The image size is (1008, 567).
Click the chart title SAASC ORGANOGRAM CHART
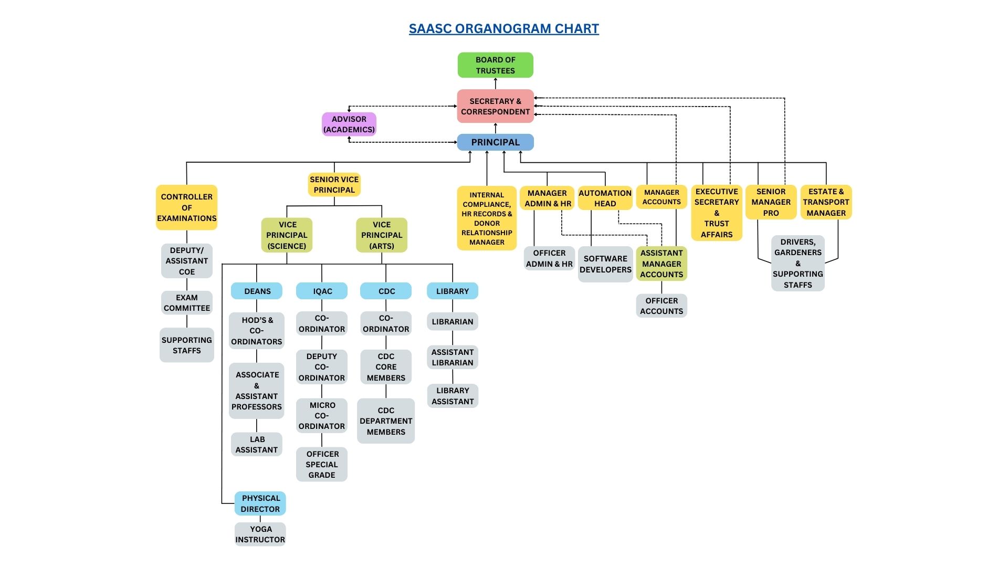504,29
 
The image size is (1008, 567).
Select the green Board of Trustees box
496,65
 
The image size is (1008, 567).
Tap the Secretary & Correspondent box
496,106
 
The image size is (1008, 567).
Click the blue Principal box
496,142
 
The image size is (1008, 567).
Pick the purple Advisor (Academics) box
349,124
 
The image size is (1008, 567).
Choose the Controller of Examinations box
187,207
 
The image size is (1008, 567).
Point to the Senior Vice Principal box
334,185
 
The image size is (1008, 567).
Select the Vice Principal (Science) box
287,235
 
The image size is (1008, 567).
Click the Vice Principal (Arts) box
382,235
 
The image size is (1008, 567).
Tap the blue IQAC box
322,291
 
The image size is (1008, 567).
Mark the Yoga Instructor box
260,534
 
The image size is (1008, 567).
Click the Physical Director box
260,503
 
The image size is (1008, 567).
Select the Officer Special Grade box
322,465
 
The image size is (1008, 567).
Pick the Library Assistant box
453,396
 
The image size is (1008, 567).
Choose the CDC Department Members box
386,421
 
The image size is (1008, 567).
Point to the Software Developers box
605,264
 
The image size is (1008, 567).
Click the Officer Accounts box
661,306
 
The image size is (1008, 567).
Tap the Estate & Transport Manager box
826,202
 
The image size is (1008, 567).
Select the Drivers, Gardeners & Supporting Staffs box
798,264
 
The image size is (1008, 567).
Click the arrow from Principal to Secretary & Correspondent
496,129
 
